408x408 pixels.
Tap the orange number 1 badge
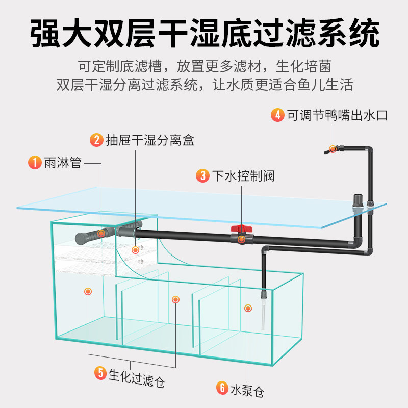tap(34, 163)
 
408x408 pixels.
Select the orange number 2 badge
tap(96, 140)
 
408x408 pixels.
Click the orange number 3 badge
tap(203, 176)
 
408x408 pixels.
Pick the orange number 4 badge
tap(277, 115)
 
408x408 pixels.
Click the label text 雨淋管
tap(62, 163)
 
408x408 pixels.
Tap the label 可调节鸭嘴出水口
tap(337, 115)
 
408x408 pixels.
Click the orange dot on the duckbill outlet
tap(333, 149)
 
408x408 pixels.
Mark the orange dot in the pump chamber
tap(248, 308)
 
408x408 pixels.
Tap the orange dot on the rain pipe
tap(101, 233)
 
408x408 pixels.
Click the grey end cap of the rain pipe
tap(80, 237)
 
